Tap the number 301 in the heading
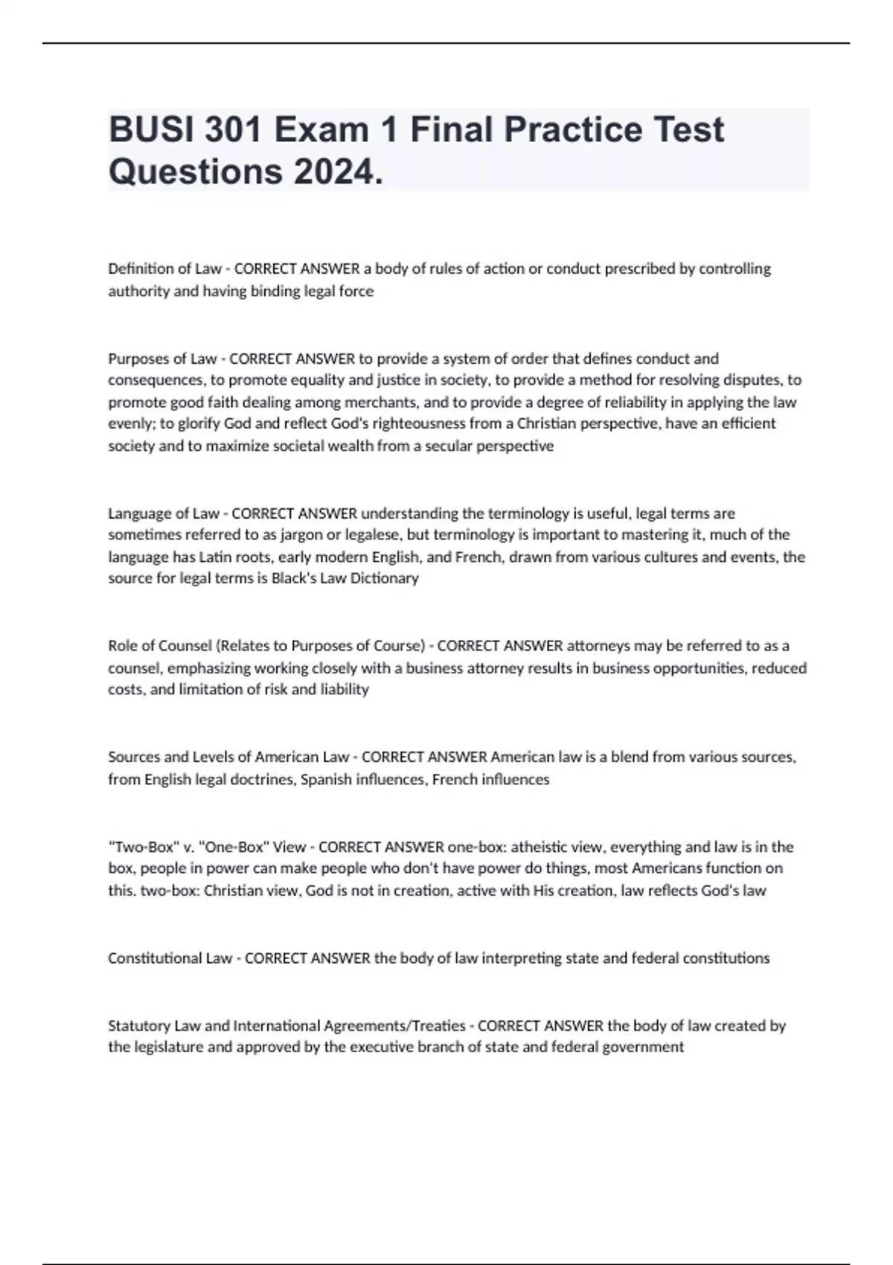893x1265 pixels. pyautogui.click(x=233, y=129)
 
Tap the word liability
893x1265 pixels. pyautogui.click(x=345, y=690)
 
